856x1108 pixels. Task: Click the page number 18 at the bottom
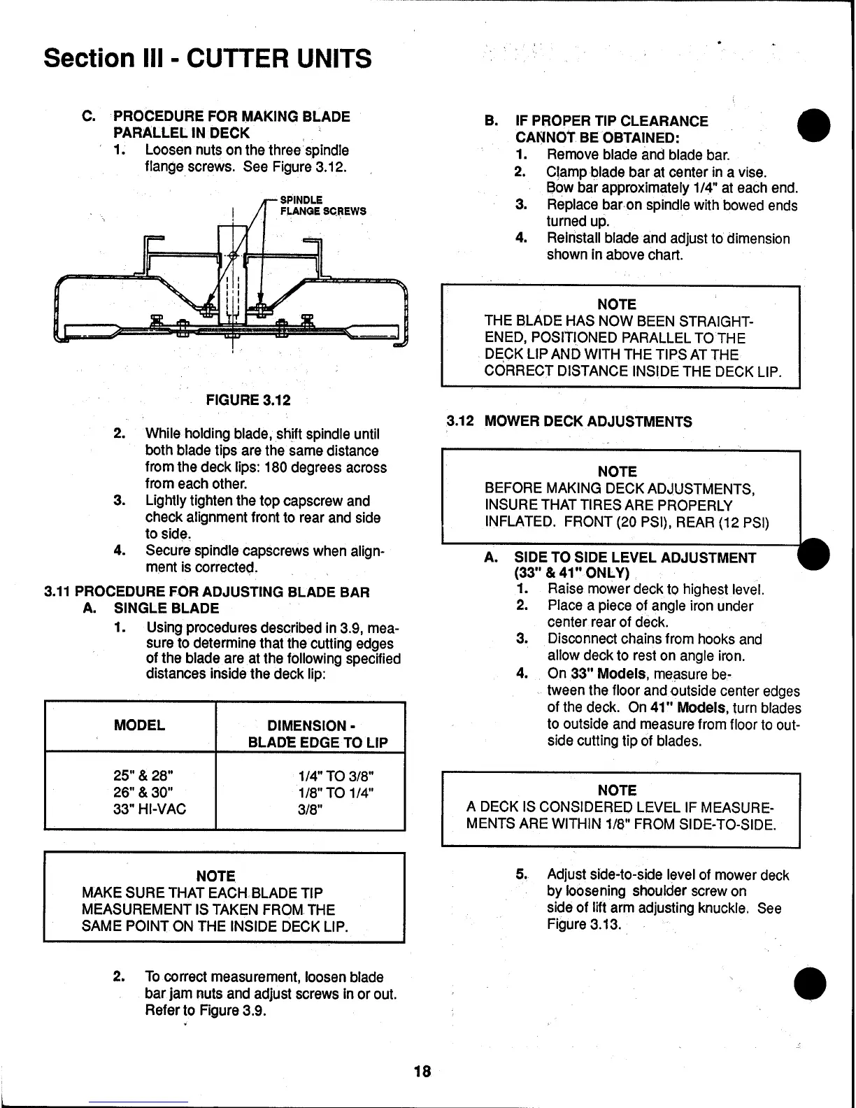(x=422, y=1071)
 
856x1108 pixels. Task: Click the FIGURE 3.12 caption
(x=248, y=400)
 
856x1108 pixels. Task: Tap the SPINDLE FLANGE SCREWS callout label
(x=322, y=206)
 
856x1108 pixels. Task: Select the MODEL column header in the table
(x=139, y=725)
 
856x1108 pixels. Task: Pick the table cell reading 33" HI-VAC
(x=150, y=809)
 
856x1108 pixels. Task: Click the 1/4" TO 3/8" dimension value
(x=336, y=776)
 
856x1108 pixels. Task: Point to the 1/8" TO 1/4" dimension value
(x=336, y=793)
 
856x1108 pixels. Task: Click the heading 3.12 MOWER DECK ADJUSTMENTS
(x=570, y=422)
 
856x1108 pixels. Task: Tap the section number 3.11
(x=57, y=592)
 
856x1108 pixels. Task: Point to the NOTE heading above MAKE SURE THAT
(x=215, y=876)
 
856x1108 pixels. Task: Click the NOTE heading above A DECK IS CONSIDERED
(x=617, y=790)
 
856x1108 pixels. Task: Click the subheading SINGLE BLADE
(x=166, y=609)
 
